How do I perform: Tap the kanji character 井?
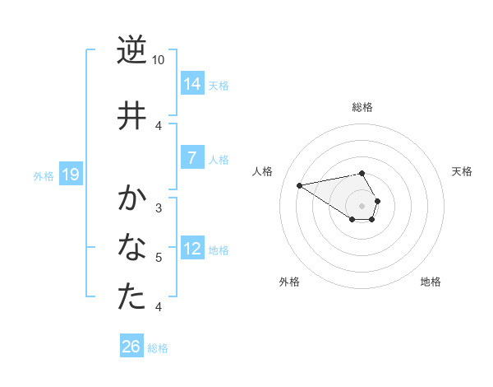coord(131,115)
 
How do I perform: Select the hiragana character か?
coord(131,198)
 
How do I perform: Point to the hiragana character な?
coord(131,247)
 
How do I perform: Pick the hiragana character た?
coord(131,296)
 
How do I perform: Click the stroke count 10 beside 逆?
coord(159,60)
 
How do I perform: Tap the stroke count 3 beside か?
coord(159,207)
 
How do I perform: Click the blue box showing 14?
coord(192,83)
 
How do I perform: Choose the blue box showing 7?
coord(192,158)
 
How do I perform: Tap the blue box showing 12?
coord(192,249)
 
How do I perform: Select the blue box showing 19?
coord(71,174)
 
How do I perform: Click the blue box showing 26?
coord(131,347)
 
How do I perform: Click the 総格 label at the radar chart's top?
coord(362,107)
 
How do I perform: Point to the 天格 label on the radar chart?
coord(462,171)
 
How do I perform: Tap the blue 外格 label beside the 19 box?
coord(44,175)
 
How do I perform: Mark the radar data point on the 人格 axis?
coord(300,184)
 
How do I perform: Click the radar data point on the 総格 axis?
coord(362,173)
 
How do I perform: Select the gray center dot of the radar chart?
coord(362,205)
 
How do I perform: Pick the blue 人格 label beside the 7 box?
coord(219,160)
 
